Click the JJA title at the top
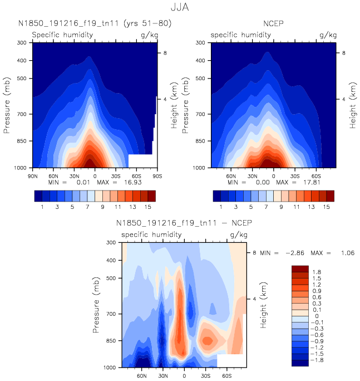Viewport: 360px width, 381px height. [x=179, y=8]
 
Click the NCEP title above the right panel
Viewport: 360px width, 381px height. [x=272, y=23]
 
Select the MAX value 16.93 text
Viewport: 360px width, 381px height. [x=134, y=182]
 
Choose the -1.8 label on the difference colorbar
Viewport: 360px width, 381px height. [x=317, y=360]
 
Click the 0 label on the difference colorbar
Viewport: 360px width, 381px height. [x=315, y=316]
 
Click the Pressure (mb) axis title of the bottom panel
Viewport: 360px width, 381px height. [x=98, y=305]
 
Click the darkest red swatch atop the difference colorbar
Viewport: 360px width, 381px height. [x=300, y=269]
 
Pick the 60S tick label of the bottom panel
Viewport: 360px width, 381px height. [x=227, y=375]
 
